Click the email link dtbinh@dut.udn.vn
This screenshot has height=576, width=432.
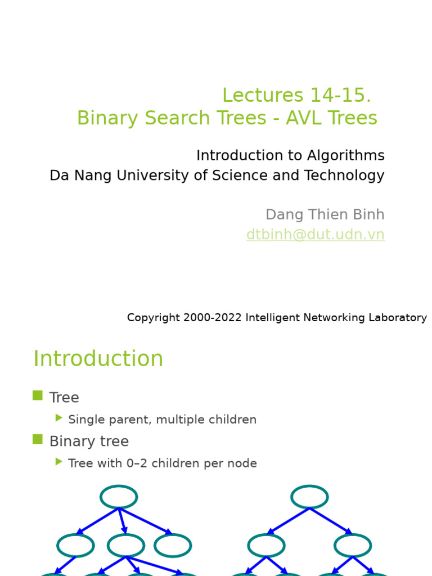315,235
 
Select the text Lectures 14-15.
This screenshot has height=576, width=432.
296,95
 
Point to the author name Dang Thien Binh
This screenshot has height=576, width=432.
325,214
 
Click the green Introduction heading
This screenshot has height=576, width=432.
98,359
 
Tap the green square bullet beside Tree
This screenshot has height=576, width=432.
38,395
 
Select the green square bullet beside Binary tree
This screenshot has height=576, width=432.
38,439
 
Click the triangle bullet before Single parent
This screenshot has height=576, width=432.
59,418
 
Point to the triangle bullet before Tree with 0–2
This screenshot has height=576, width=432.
59,462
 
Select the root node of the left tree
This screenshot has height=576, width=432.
119,497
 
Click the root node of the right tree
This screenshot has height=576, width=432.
309,497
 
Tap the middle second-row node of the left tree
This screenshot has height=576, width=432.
126,545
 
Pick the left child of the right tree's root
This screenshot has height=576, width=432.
266,545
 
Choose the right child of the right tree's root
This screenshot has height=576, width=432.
353,545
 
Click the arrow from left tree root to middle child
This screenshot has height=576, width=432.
122,521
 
